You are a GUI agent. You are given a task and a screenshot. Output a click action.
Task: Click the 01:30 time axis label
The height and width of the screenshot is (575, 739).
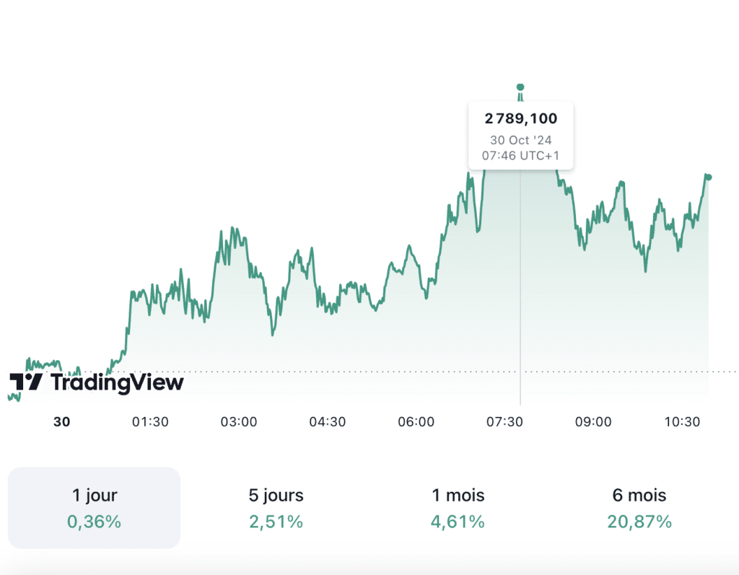click(x=150, y=422)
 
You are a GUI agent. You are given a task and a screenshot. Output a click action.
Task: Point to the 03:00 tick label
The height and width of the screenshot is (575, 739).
click(x=239, y=422)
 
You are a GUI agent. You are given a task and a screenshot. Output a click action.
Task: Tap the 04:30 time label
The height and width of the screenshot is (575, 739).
click(x=328, y=422)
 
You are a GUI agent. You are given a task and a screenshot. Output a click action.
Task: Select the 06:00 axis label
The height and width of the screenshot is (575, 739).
click(x=416, y=422)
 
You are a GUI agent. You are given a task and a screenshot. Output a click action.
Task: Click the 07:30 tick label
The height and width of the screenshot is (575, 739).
click(x=504, y=422)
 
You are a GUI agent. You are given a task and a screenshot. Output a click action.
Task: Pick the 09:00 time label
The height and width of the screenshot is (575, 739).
click(x=593, y=422)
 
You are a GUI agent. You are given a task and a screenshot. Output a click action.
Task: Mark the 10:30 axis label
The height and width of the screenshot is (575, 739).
click(x=682, y=422)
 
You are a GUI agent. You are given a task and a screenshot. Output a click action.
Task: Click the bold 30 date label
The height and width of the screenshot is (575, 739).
click(x=62, y=422)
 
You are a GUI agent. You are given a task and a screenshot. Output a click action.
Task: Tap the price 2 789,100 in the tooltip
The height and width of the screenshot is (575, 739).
click(x=521, y=118)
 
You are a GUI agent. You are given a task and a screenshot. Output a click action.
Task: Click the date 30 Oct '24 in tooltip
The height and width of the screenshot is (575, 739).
click(x=521, y=141)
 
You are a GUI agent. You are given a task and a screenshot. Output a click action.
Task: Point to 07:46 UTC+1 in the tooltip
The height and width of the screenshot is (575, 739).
click(x=521, y=155)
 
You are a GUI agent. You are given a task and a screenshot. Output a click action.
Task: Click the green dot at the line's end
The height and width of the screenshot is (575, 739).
click(x=709, y=177)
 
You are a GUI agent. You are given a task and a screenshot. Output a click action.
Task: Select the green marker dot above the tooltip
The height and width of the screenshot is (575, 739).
click(x=520, y=87)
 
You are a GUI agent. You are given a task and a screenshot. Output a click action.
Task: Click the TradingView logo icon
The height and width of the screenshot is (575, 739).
click(x=26, y=382)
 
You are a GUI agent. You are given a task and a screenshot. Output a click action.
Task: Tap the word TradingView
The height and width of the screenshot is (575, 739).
click(x=117, y=382)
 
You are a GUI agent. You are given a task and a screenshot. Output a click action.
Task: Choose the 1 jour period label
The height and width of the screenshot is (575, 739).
click(x=95, y=496)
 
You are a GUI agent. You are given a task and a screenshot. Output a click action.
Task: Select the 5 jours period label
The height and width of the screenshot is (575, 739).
click(x=276, y=496)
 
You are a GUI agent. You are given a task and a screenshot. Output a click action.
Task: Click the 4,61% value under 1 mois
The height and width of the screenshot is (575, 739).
click(x=458, y=522)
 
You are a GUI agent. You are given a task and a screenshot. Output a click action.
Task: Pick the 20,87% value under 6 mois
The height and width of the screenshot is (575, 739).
click(x=639, y=522)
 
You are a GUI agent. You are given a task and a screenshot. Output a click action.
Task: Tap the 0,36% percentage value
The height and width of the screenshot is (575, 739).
click(x=95, y=522)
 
